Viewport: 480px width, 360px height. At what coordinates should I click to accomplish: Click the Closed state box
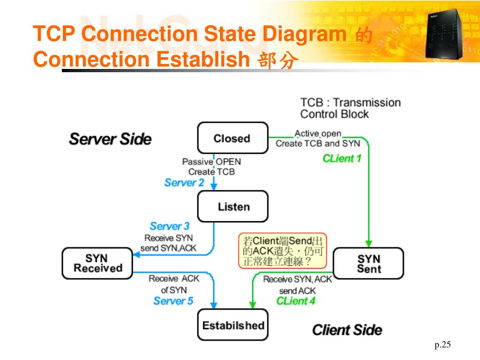pyautogui.click(x=232, y=138)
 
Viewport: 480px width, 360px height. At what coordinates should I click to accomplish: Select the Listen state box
pyautogui.click(x=232, y=206)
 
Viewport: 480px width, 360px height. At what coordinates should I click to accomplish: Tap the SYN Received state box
pyautogui.click(x=97, y=263)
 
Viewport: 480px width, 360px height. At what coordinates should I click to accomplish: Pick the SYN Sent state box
pyautogui.click(x=368, y=263)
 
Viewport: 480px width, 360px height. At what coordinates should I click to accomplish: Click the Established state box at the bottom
pyautogui.click(x=232, y=325)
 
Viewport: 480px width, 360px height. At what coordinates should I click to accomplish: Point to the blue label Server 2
pyautogui.click(x=184, y=182)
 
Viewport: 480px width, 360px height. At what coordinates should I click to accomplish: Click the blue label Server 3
pyautogui.click(x=170, y=226)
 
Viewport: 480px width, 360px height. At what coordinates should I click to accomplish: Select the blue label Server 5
pyautogui.click(x=173, y=301)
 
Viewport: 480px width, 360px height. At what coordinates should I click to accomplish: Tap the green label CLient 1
pyautogui.click(x=342, y=158)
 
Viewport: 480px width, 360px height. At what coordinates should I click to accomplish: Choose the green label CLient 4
pyautogui.click(x=296, y=301)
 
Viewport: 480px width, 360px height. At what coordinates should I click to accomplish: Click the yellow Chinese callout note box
pyautogui.click(x=283, y=251)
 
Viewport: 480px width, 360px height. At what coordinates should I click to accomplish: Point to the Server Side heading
pyautogui.click(x=110, y=139)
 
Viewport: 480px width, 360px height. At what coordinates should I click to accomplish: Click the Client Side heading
pyautogui.click(x=347, y=330)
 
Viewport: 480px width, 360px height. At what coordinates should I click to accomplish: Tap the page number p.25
pyautogui.click(x=442, y=345)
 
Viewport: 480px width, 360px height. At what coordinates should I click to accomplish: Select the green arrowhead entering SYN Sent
pyautogui.click(x=368, y=244)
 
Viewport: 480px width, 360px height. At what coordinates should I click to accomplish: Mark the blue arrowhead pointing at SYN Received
pyautogui.click(x=136, y=255)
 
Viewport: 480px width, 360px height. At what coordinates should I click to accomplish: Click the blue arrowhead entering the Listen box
pyautogui.click(x=214, y=187)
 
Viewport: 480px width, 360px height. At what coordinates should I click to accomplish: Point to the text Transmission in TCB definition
pyautogui.click(x=367, y=103)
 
